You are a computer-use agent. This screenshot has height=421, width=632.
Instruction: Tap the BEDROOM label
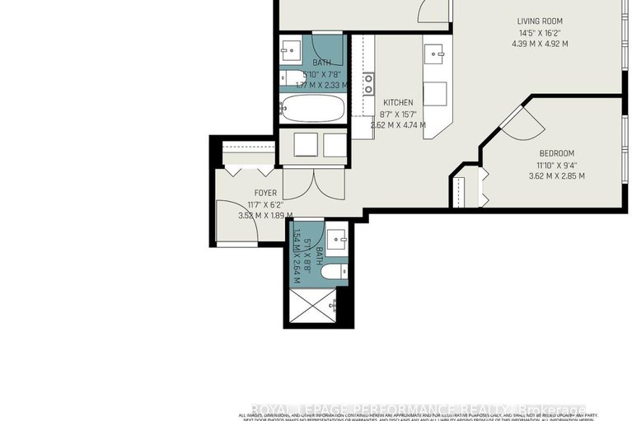[557, 153]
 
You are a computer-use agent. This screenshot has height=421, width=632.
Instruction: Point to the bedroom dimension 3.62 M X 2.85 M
[557, 175]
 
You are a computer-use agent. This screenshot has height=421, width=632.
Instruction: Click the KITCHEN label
[397, 103]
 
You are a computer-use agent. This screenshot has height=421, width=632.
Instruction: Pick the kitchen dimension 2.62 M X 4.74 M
[398, 125]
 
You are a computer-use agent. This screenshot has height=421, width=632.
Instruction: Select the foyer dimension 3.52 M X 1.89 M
[265, 216]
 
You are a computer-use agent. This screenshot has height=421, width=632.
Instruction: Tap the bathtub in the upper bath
[311, 108]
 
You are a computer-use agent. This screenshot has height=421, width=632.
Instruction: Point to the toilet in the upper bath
[293, 79]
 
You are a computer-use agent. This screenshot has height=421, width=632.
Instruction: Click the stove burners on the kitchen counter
[368, 82]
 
